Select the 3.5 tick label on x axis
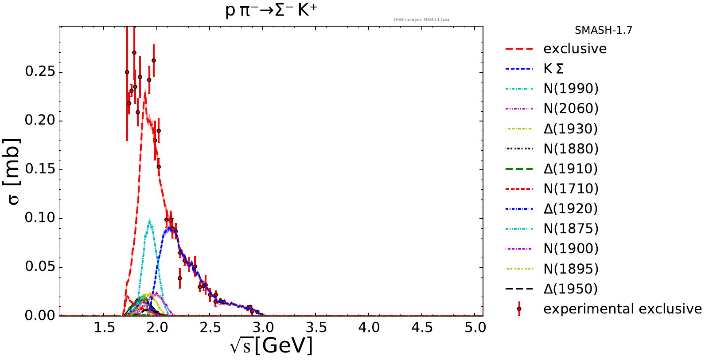[316, 328]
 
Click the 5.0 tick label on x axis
[475, 328]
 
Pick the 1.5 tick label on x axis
[104, 328]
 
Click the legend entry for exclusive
[575, 49]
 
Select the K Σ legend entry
[553, 69]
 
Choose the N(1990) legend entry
[571, 89]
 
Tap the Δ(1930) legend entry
[570, 129]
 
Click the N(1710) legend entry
[571, 189]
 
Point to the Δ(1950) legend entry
[570, 289]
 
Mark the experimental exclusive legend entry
[622, 309]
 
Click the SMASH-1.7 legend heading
[603, 31]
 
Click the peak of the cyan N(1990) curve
[149, 220]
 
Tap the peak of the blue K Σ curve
[169, 227]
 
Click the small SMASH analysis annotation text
[421, 20]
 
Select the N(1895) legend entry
[571, 269]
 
